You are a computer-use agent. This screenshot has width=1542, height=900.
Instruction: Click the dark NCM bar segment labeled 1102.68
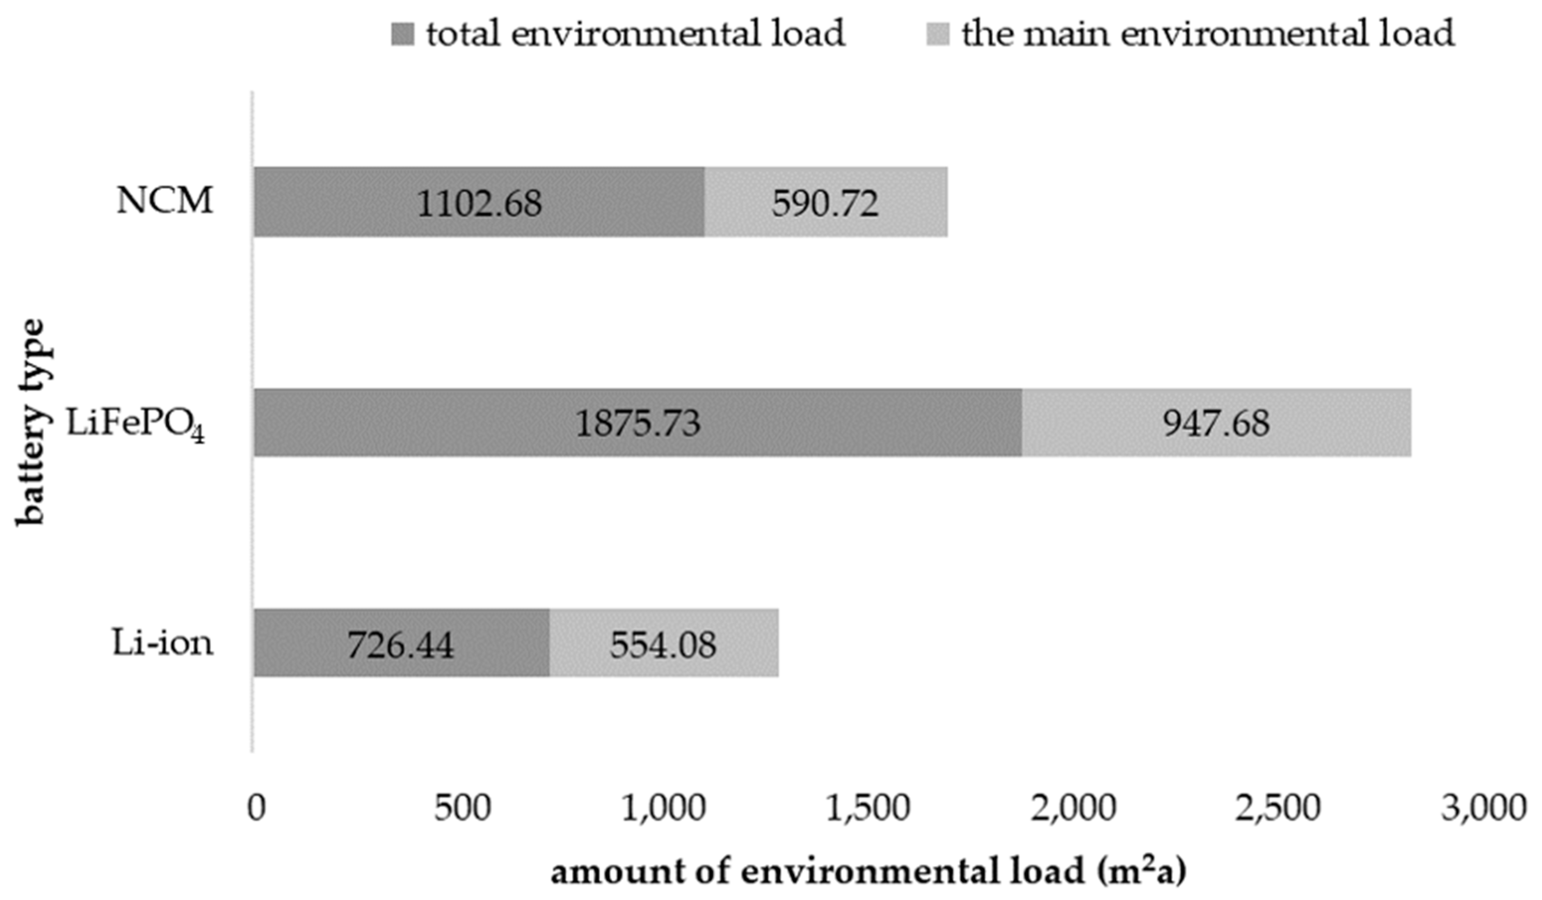479,202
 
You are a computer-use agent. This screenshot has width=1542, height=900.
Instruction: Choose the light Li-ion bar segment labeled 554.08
663,643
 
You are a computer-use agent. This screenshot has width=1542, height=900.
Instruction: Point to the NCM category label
165,201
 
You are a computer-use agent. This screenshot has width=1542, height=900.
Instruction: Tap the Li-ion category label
163,643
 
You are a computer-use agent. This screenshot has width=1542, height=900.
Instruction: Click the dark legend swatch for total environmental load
403,34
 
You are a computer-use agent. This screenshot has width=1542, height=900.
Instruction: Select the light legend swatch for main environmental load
938,34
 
